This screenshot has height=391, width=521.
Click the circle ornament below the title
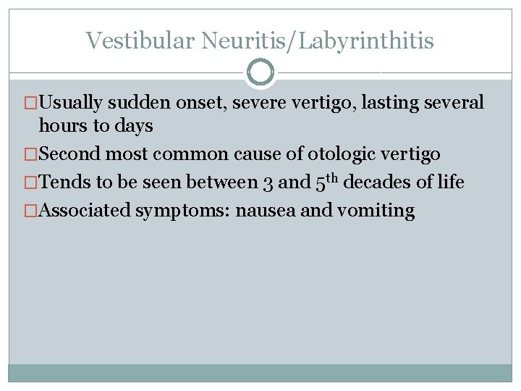click(260, 72)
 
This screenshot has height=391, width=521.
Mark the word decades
click(381, 182)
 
